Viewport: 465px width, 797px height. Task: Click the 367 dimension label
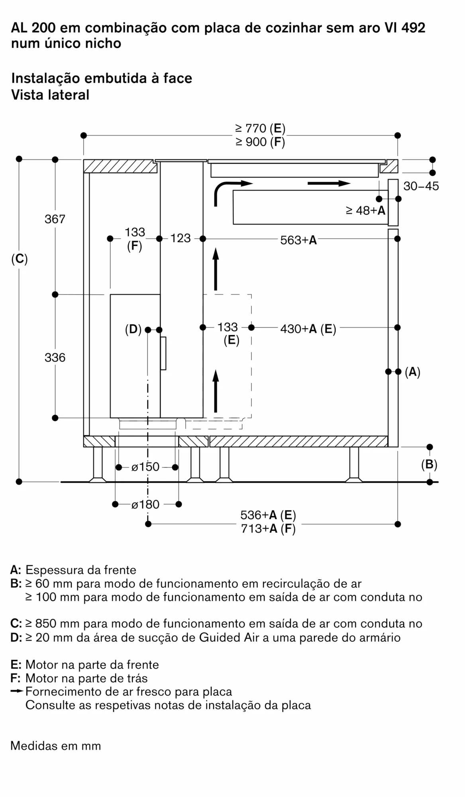(x=55, y=219)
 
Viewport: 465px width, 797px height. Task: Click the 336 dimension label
(x=55, y=357)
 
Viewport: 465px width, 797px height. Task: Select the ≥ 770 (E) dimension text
(x=260, y=128)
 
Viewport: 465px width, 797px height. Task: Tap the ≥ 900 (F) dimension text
(x=260, y=142)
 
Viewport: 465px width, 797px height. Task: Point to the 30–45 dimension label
(x=421, y=186)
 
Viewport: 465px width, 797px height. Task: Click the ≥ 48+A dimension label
(x=365, y=210)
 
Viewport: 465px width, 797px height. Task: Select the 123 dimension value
(x=181, y=238)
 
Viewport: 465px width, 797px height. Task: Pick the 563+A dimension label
(x=298, y=240)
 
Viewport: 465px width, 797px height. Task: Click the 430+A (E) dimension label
(x=308, y=329)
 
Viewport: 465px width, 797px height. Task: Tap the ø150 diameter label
(x=145, y=467)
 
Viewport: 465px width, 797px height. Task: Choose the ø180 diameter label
(x=145, y=505)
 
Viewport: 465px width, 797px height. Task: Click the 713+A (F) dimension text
(x=268, y=529)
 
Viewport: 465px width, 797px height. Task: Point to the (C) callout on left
(x=20, y=259)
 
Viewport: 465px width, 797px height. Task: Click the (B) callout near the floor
(x=429, y=465)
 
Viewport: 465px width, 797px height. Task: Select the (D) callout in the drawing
(x=133, y=330)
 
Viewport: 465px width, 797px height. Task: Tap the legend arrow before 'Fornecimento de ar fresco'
(x=18, y=691)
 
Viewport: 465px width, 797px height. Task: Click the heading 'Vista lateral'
(x=50, y=95)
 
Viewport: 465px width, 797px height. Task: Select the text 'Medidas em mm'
(x=56, y=746)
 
